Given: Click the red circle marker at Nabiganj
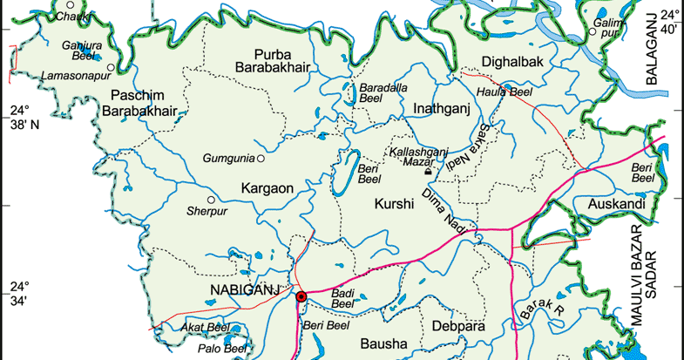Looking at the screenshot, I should [301, 297].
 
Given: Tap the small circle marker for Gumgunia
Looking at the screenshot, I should [260, 159].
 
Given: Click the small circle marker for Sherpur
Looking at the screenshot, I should [211, 200].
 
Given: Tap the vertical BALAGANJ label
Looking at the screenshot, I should [650, 50].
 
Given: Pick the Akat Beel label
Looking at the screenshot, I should [201, 327].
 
